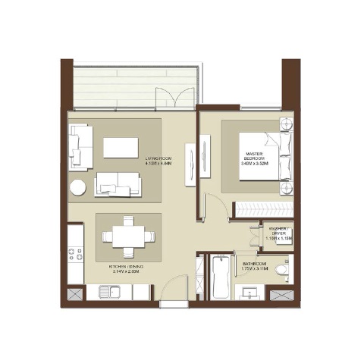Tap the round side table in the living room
[x=78, y=186]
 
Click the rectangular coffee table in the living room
[x=121, y=146]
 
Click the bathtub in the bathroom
[x=220, y=277]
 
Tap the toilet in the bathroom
[x=282, y=269]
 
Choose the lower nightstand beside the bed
[x=286, y=188]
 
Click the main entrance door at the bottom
[x=174, y=292]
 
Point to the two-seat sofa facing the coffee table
[x=118, y=183]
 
